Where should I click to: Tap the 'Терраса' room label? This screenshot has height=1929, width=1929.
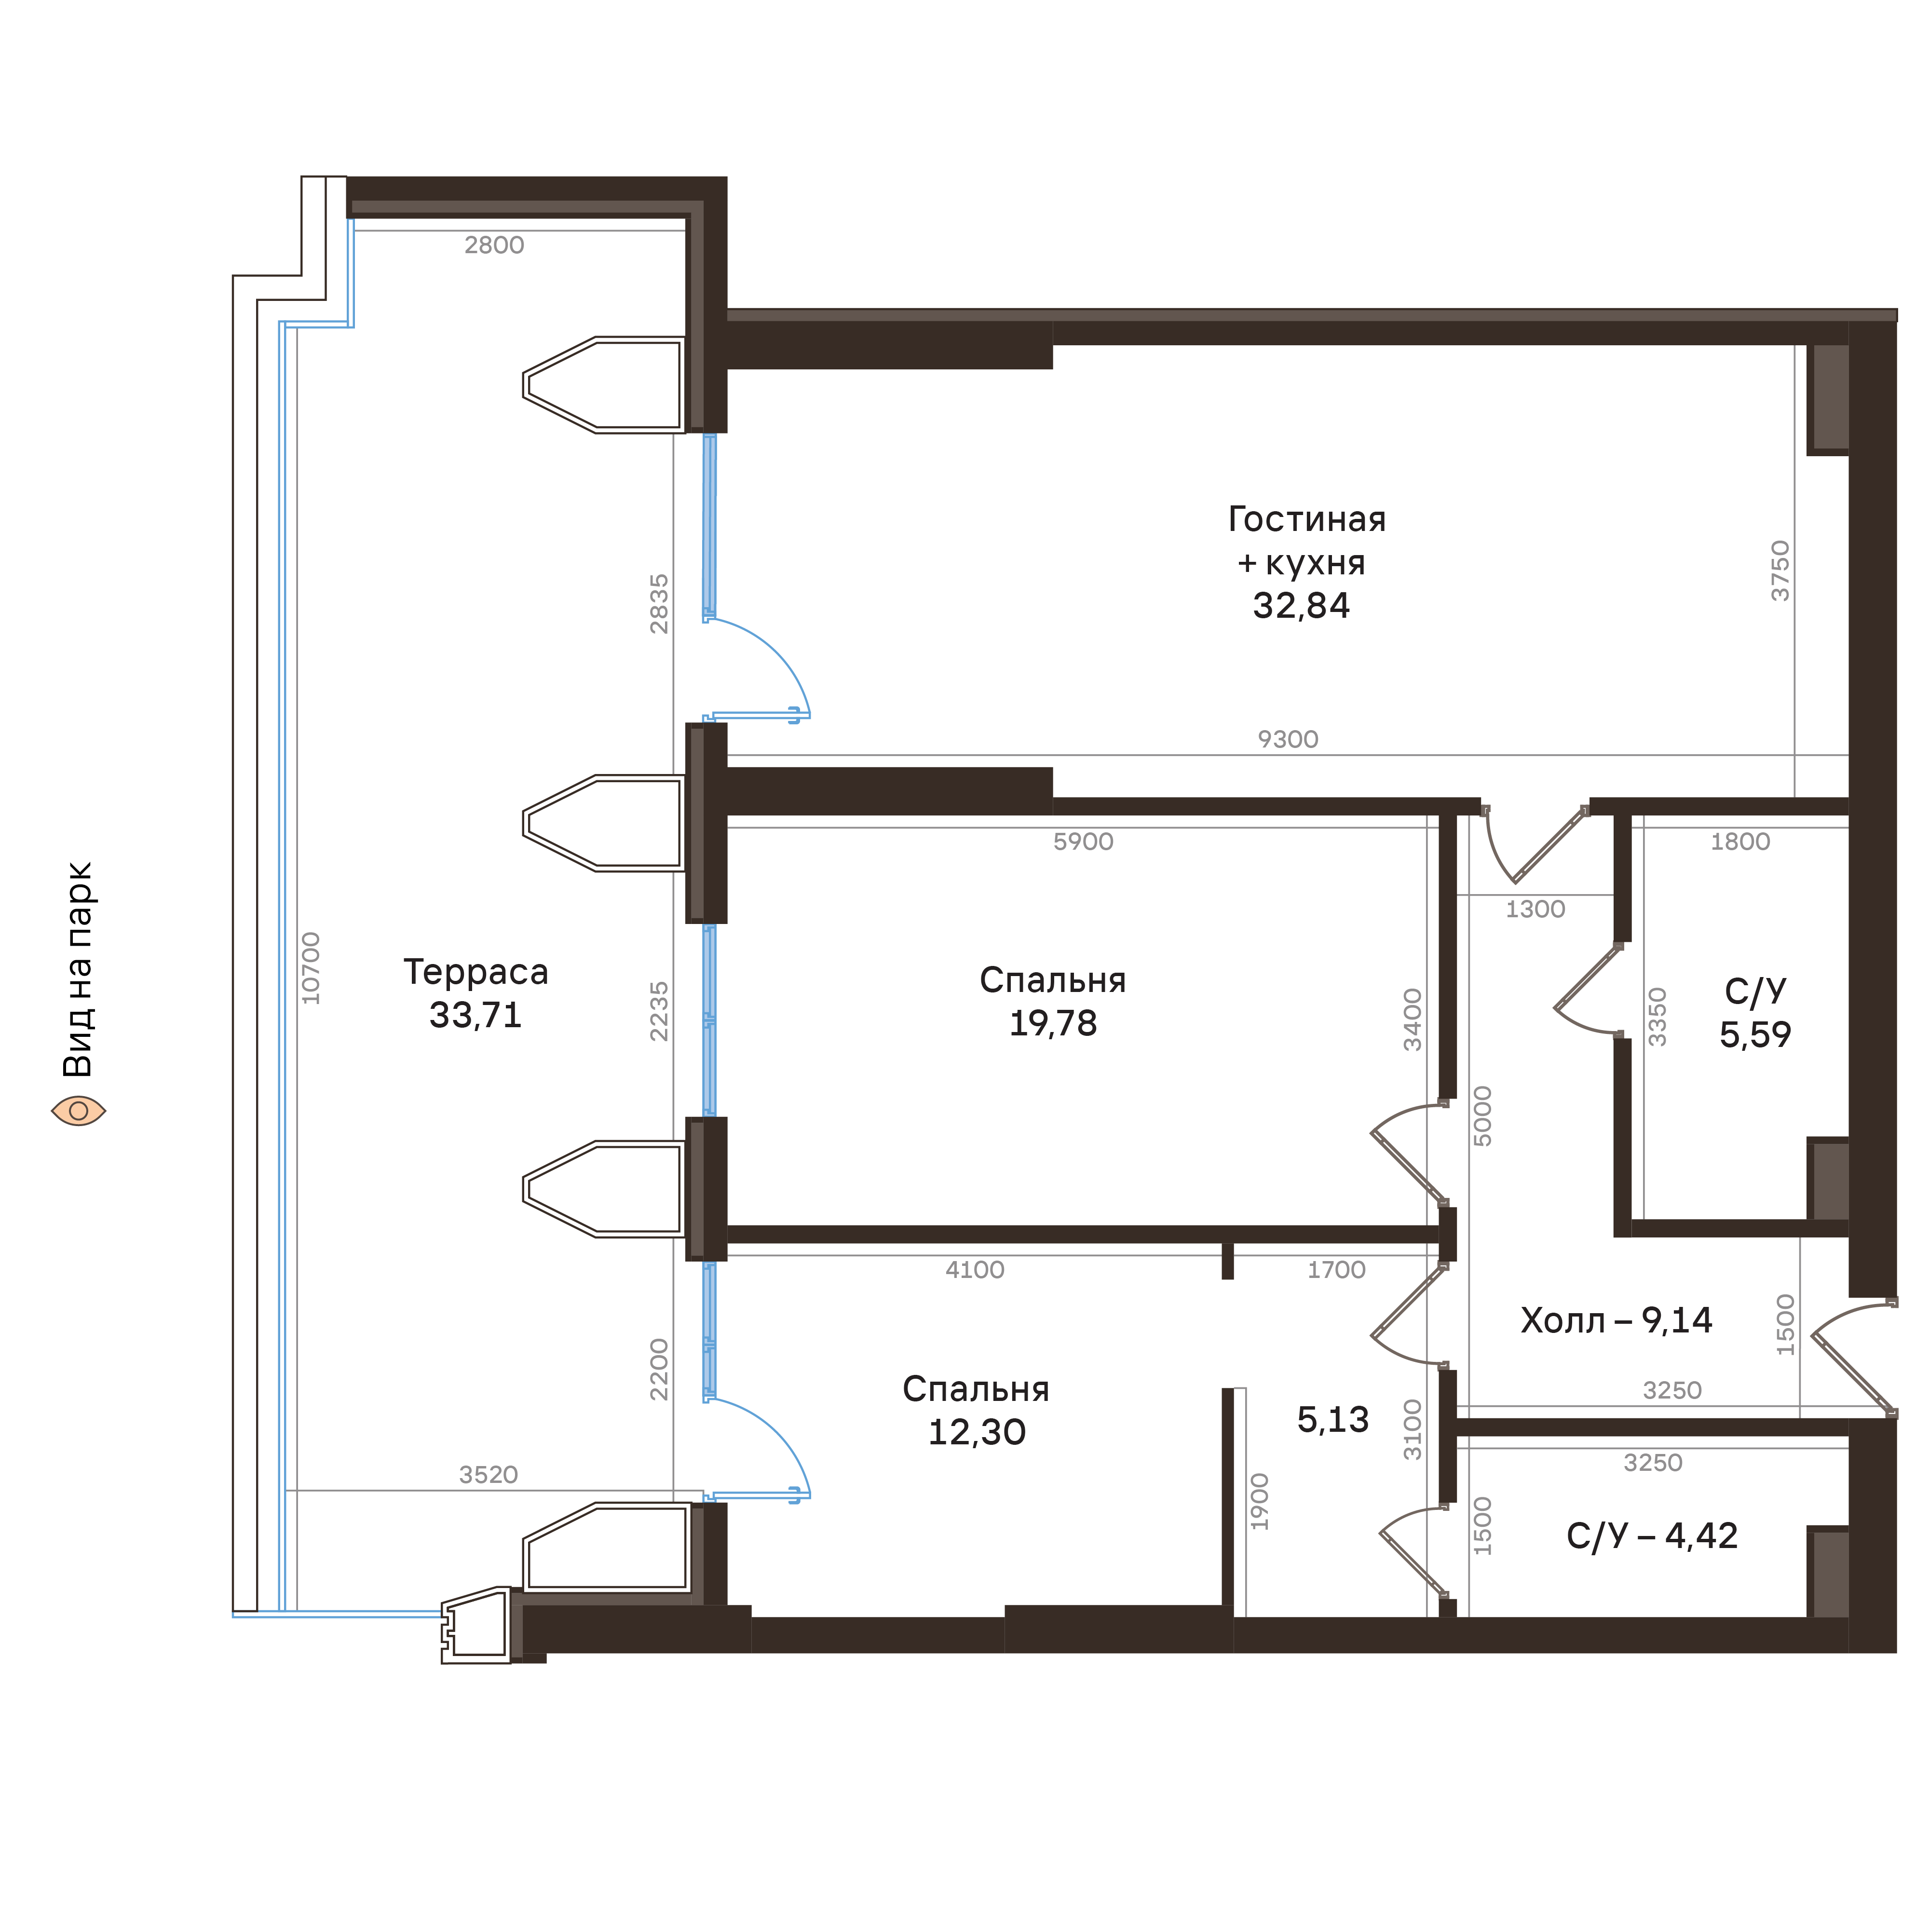(x=475, y=971)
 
